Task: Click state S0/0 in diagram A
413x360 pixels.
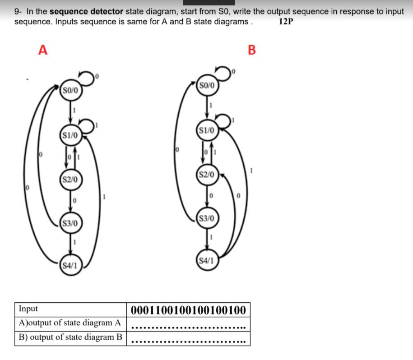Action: [x=70, y=91]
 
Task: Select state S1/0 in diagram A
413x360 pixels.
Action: [x=70, y=134]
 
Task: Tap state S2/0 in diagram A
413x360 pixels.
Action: [x=70, y=179]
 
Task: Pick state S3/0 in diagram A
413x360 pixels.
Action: [x=70, y=223]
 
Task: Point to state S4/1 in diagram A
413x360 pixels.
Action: [x=70, y=266]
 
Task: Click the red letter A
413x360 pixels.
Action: [x=43, y=50]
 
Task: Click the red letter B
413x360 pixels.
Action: [x=252, y=50]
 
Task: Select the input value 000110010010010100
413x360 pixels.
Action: [x=188, y=310]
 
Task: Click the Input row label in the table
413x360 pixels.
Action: [x=28, y=309]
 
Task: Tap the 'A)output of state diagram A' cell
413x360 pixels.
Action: [x=70, y=323]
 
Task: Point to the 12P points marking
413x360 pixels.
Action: [x=286, y=22]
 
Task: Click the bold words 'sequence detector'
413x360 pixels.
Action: [x=86, y=12]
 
